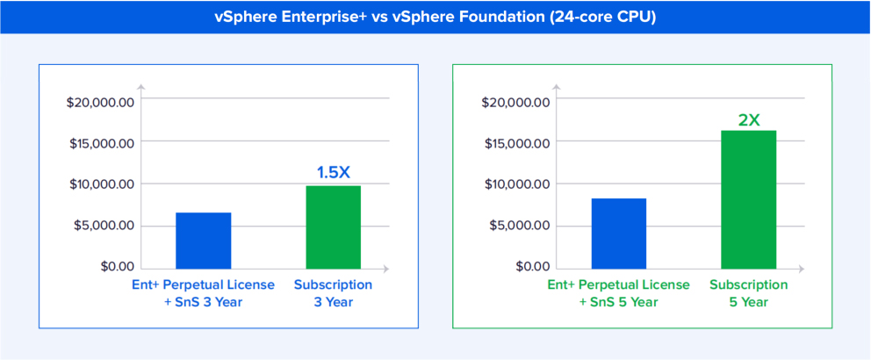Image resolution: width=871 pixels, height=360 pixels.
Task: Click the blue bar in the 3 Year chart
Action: click(204, 240)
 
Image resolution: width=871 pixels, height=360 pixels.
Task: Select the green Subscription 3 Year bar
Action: click(333, 227)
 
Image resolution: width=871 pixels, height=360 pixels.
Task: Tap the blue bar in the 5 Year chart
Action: click(619, 233)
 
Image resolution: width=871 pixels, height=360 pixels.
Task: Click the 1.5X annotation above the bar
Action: click(333, 172)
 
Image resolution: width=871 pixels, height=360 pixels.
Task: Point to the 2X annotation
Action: click(748, 119)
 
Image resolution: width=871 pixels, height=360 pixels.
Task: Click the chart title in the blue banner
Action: click(435, 17)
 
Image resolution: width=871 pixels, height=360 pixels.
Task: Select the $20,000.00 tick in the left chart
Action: click(101, 102)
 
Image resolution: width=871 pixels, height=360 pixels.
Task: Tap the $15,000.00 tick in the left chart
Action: click(101, 143)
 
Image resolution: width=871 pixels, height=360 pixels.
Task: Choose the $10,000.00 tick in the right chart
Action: click(516, 184)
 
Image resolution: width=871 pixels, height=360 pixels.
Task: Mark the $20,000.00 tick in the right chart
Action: click(516, 102)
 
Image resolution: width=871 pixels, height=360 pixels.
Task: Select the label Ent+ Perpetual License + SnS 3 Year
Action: click(203, 293)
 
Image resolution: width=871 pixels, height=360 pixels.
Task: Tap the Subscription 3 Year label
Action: click(333, 293)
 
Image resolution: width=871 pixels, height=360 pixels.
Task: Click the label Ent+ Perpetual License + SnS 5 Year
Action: click(618, 293)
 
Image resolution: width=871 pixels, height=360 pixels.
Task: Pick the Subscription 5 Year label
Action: click(748, 293)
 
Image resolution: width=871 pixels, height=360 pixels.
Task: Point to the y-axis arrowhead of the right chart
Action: click(557, 86)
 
